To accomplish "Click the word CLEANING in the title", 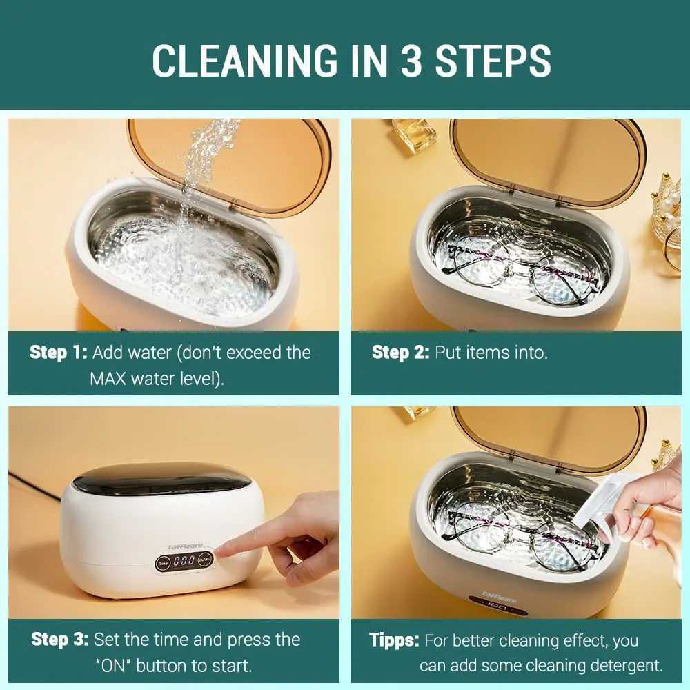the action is [244, 61].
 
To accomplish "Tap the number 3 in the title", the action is [411, 61].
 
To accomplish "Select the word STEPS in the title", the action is [493, 61].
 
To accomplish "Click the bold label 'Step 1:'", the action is [59, 353].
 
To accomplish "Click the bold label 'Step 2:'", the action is [400, 353].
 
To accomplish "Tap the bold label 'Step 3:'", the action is [60, 640].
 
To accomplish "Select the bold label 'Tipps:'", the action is [394, 640].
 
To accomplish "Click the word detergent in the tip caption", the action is [627, 665].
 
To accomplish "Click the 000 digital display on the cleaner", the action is [184, 560].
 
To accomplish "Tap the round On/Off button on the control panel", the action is [204, 560].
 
